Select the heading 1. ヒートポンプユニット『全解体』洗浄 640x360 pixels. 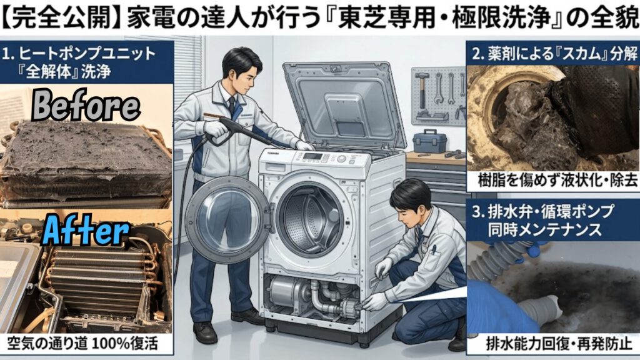click(x=86, y=62)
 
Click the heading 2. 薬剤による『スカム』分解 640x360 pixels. click(x=552, y=54)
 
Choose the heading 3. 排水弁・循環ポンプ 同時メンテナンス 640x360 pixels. click(x=552, y=220)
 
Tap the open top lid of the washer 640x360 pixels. click(x=334, y=103)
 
